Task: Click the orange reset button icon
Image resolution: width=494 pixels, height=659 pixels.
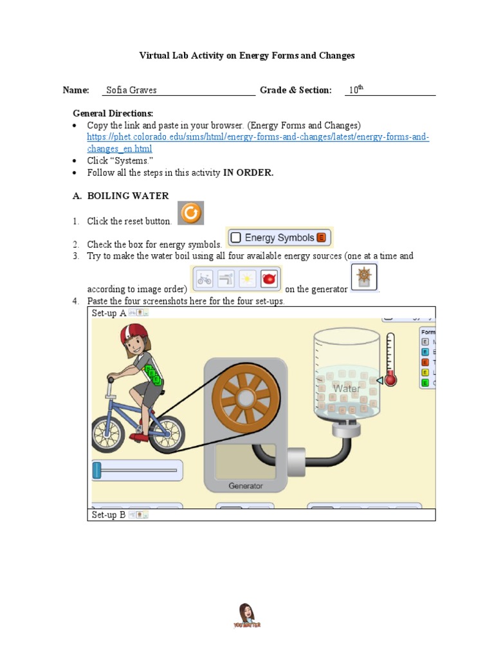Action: pyautogui.click(x=190, y=213)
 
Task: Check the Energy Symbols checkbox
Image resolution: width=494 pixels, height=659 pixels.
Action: pyautogui.click(x=235, y=238)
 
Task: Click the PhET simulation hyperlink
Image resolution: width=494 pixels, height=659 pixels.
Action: pyautogui.click(x=258, y=143)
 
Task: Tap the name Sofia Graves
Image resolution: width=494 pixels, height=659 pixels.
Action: pyautogui.click(x=131, y=90)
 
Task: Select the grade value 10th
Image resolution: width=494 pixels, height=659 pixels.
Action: pyautogui.click(x=356, y=90)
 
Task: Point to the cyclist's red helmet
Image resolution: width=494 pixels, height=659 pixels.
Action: pyautogui.click(x=134, y=335)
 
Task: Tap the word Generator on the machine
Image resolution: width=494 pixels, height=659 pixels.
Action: pyautogui.click(x=246, y=486)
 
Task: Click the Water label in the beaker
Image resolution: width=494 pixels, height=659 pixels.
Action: pyautogui.click(x=346, y=389)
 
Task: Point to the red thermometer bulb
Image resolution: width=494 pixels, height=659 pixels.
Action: pyautogui.click(x=390, y=380)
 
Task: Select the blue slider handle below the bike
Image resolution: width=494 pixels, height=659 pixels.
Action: pyautogui.click(x=97, y=470)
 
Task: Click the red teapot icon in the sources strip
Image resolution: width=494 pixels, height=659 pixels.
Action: pyautogui.click(x=268, y=279)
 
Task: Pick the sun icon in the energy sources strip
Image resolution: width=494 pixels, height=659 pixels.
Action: pyautogui.click(x=247, y=279)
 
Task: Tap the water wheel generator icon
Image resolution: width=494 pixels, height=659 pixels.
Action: pyautogui.click(x=365, y=278)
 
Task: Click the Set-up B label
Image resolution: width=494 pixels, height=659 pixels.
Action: pyautogui.click(x=108, y=515)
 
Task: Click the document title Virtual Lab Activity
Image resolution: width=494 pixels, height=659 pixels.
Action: pyautogui.click(x=247, y=55)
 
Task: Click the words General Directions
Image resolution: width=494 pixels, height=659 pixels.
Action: pyautogui.click(x=113, y=113)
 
